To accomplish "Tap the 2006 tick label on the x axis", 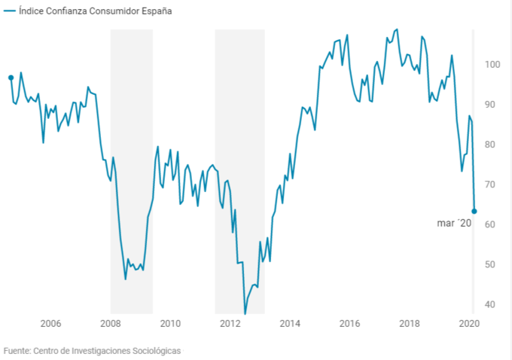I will pos(50,324).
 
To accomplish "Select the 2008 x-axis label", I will pos(111,324).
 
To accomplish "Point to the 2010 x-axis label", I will pos(170,324).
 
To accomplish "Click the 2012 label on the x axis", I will pos(230,324).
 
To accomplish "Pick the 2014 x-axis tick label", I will pos(290,324).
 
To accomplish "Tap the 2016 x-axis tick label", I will pos(349,324).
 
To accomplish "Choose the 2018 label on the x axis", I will pos(410,324).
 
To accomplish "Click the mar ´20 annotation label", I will pos(454,223).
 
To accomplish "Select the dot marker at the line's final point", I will pos(474,211).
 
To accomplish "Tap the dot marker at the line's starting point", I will pos(11,78).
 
